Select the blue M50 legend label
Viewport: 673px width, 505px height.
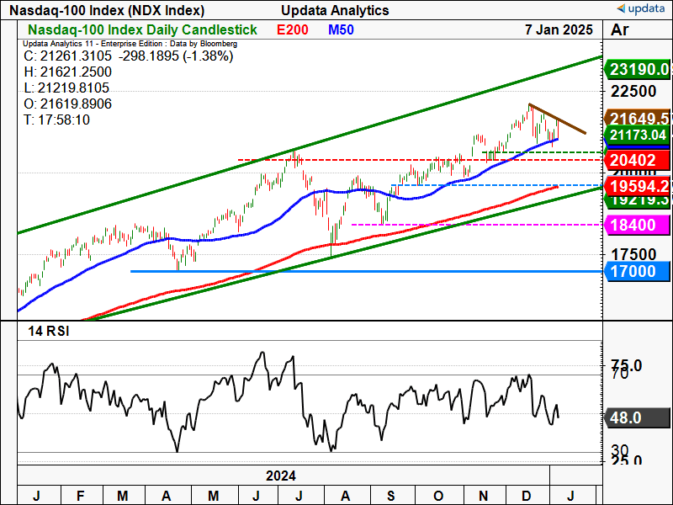point(341,29)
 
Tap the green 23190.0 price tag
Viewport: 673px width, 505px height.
point(640,70)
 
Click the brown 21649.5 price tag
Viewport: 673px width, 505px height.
point(640,119)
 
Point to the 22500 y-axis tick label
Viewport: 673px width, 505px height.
point(633,91)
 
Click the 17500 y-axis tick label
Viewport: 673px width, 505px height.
point(633,254)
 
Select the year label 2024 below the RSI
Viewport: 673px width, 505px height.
point(280,476)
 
